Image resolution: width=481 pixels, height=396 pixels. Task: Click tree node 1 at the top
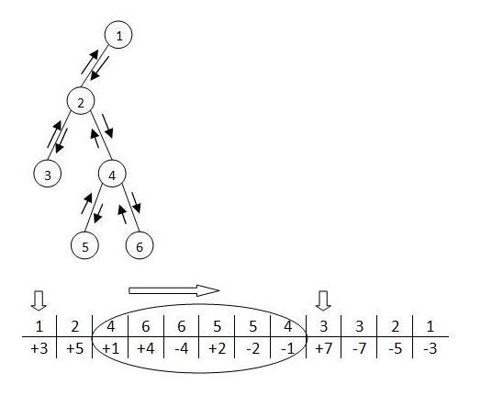118,35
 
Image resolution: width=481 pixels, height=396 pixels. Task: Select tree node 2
81,101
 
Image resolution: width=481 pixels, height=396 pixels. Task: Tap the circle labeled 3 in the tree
47,174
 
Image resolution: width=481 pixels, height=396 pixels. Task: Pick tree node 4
112,174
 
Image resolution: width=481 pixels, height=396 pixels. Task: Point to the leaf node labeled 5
84,245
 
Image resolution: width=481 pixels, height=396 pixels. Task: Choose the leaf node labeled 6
140,245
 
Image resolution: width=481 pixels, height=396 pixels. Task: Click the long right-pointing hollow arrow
173,290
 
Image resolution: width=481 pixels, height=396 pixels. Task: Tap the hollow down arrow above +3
39,300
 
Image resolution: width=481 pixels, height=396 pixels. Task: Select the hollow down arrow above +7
323,300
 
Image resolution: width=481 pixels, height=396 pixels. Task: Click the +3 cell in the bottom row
39,349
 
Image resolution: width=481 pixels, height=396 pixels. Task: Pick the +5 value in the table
75,349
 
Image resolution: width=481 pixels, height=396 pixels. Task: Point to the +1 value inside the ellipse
110,349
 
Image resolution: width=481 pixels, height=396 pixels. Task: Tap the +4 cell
146,349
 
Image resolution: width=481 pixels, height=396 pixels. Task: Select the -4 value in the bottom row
182,349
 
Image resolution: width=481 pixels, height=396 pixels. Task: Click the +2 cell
218,349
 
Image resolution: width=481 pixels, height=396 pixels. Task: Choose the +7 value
324,349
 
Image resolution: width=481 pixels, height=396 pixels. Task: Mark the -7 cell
360,349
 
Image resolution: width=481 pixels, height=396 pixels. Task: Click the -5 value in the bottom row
396,349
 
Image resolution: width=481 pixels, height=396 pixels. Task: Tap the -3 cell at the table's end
431,349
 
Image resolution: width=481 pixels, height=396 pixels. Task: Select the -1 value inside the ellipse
287,349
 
